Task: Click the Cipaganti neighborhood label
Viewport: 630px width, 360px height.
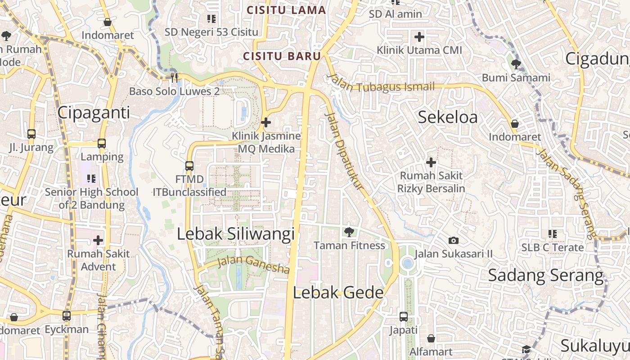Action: [94, 112]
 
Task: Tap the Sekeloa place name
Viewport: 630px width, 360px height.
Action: [448, 117]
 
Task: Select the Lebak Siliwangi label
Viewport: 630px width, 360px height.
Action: [236, 234]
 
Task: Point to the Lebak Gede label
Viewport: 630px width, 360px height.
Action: [338, 293]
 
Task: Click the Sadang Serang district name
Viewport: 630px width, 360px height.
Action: [546, 275]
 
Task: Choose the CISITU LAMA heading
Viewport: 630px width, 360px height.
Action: [286, 10]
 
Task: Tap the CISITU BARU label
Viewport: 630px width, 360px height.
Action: [282, 56]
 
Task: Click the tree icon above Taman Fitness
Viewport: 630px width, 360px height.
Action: [349, 232]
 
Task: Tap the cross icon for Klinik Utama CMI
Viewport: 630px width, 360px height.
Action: [419, 37]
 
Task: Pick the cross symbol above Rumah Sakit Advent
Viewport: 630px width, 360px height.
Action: [98, 240]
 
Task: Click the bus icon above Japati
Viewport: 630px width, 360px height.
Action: [403, 317]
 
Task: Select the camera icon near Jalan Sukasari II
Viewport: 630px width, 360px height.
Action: [454, 241]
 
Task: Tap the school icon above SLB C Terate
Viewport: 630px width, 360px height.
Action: [552, 234]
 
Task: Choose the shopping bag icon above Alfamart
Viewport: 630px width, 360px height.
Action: [431, 338]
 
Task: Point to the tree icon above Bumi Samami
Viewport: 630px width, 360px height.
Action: [516, 64]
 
